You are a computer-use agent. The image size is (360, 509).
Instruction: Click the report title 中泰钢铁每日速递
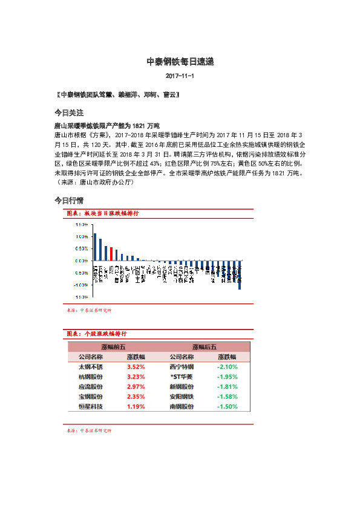pos(180,62)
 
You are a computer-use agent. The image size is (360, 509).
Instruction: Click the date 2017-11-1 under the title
pos(180,77)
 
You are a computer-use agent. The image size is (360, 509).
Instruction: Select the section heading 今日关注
pos(68,112)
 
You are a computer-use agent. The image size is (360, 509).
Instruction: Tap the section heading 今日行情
pos(68,199)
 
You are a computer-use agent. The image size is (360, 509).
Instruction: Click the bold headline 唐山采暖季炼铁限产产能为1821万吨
pos(106,126)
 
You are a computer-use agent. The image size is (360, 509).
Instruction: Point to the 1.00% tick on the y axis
pos(82,236)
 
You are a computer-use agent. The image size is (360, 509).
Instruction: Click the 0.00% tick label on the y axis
pos(82,261)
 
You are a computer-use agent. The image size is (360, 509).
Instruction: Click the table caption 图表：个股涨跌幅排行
pos(97,334)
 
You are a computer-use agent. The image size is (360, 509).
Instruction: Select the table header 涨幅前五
pos(113,347)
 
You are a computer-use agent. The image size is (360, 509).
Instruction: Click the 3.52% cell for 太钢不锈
pos(136,366)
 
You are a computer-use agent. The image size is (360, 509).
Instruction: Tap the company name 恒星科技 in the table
pos(91,406)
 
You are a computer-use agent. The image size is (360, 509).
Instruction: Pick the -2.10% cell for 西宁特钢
pos(227,366)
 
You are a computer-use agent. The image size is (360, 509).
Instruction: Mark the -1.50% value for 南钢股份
pos(227,406)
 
